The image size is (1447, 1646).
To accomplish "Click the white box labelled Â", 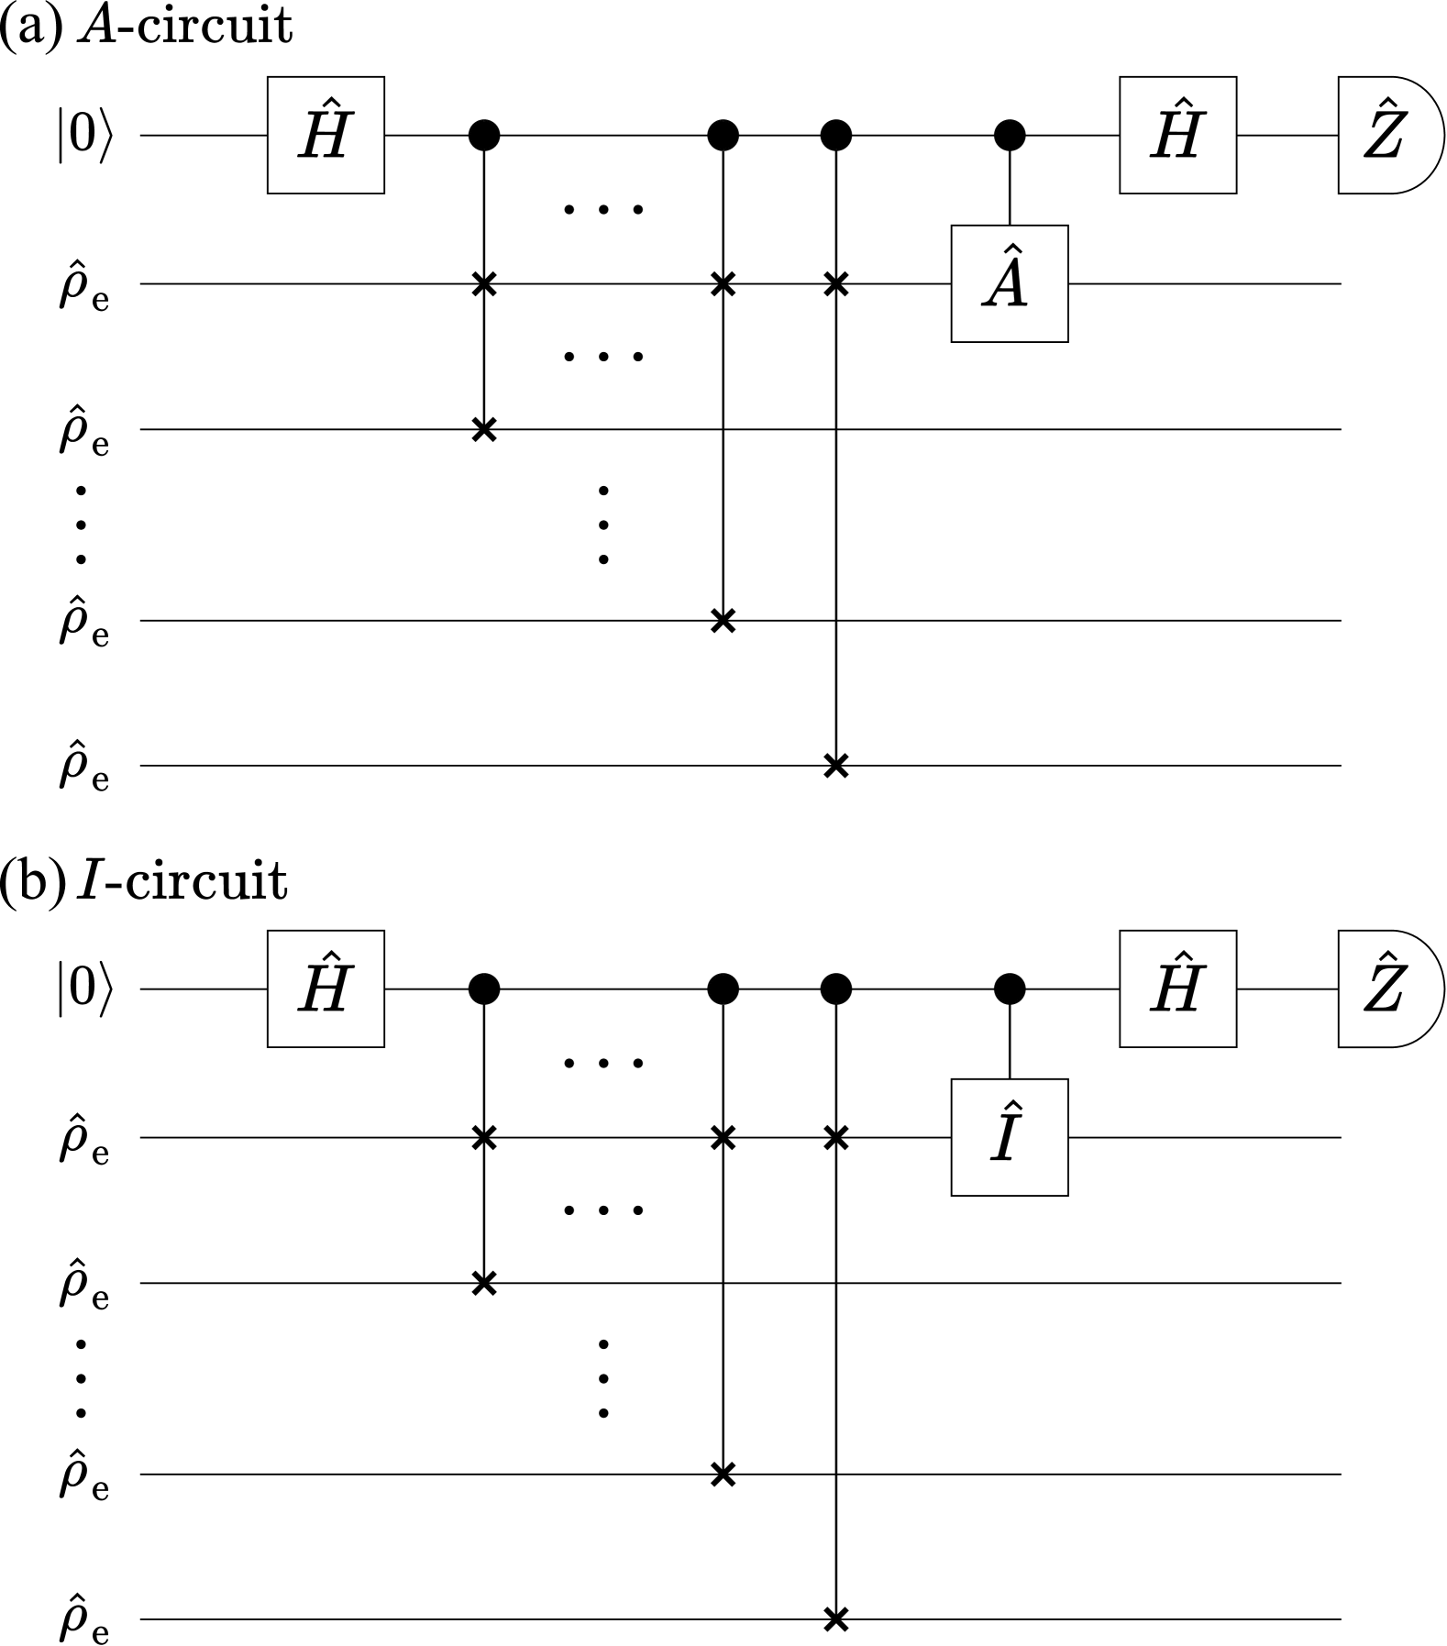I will tap(1009, 283).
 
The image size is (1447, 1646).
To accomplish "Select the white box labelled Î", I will tap(1009, 1137).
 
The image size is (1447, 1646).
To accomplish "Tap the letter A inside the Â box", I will tap(1006, 288).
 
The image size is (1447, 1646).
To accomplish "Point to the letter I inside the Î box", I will tap(1005, 1142).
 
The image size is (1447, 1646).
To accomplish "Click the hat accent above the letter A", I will tap(1011, 250).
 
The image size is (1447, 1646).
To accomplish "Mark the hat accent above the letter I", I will tap(1012, 1105).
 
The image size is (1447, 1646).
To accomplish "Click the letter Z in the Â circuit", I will tap(1384, 138).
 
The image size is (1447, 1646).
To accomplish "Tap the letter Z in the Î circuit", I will tap(1384, 992).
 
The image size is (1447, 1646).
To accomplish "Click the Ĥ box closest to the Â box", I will tap(1177, 135).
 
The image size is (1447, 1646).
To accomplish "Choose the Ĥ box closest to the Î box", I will tap(1177, 989).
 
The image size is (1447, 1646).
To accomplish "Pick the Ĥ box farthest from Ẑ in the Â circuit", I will tap(326, 135).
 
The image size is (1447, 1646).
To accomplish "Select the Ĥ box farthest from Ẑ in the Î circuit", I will tap(326, 989).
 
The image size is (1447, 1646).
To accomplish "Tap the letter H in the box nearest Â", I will tap(1176, 138).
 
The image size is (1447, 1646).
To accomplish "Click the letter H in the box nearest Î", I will tap(1176, 992).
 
